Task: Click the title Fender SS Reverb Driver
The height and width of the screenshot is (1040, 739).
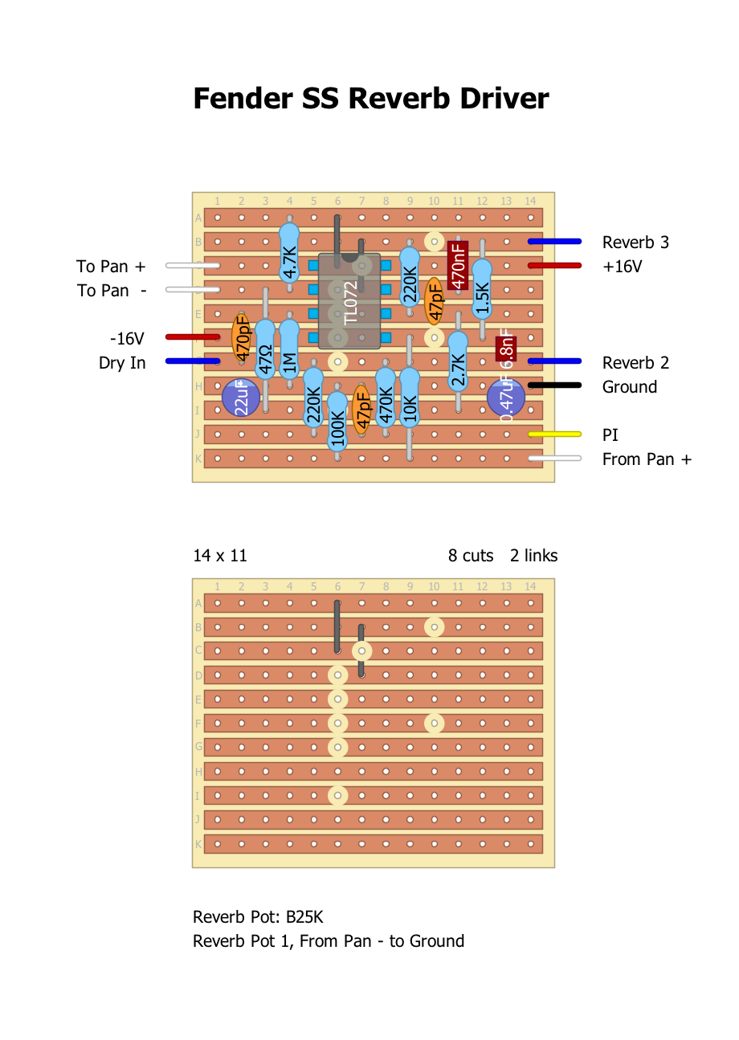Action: pyautogui.click(x=370, y=99)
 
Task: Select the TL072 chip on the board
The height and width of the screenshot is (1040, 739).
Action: pyautogui.click(x=349, y=301)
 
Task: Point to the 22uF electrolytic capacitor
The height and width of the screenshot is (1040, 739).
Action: pyautogui.click(x=241, y=398)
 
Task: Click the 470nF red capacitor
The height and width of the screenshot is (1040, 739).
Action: pyautogui.click(x=458, y=265)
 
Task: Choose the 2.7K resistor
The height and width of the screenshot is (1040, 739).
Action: pyautogui.click(x=458, y=361)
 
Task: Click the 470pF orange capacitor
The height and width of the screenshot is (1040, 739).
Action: pyautogui.click(x=241, y=337)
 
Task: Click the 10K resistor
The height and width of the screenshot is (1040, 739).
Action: pyautogui.click(x=410, y=398)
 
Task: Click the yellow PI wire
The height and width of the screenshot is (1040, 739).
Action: pyautogui.click(x=554, y=434)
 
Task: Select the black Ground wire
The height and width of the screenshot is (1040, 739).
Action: pyautogui.click(x=554, y=386)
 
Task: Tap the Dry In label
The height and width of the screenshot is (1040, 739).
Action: pyautogui.click(x=122, y=363)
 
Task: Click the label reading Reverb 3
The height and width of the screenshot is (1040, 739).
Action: pyautogui.click(x=635, y=243)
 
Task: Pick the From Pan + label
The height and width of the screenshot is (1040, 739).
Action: pyautogui.click(x=647, y=459)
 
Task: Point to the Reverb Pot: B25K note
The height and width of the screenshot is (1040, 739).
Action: pyautogui.click(x=258, y=917)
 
